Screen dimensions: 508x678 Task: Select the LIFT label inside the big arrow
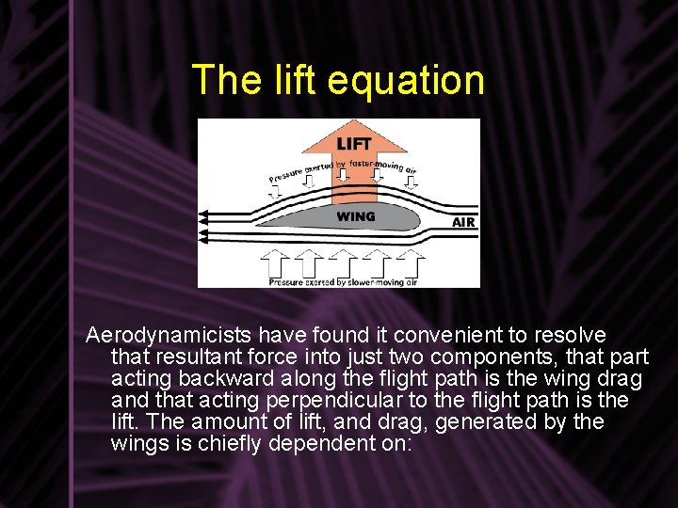pyautogui.click(x=354, y=144)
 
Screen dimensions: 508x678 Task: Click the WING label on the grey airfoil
pyautogui.click(x=356, y=216)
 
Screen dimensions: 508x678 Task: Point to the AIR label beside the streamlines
pyautogui.click(x=463, y=222)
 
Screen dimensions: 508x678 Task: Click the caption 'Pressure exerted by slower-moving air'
pyautogui.click(x=343, y=281)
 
